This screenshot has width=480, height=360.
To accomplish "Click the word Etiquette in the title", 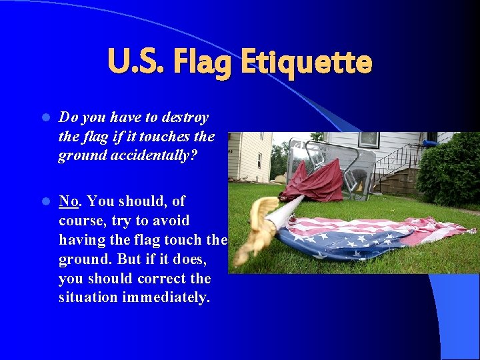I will [306, 63].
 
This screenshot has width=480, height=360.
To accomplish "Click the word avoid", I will [171, 220].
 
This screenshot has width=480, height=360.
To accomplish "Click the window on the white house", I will [369, 139].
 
